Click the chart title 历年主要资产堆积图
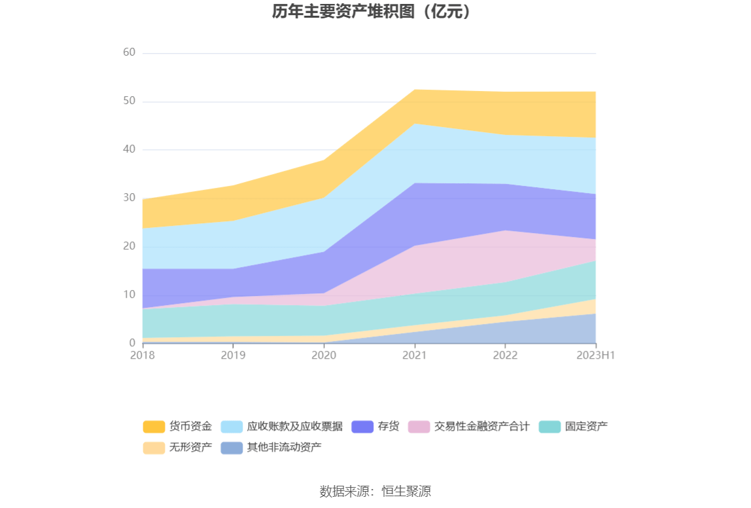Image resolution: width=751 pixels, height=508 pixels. pyautogui.click(x=372, y=12)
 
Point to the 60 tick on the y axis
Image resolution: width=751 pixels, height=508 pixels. pyautogui.click(x=129, y=52)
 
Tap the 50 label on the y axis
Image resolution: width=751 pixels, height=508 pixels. pyautogui.click(x=129, y=101)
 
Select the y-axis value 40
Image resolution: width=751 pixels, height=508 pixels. pyautogui.click(x=129, y=149)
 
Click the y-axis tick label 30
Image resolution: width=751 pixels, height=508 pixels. pyautogui.click(x=129, y=198)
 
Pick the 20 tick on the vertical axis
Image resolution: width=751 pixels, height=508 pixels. pyautogui.click(x=129, y=246)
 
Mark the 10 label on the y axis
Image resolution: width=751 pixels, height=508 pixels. pyautogui.click(x=129, y=295)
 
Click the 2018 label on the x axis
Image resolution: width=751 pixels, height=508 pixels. pyautogui.click(x=142, y=355)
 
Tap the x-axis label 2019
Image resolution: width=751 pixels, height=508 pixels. pyautogui.click(x=233, y=355)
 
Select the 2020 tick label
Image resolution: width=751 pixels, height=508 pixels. pyautogui.click(x=324, y=355)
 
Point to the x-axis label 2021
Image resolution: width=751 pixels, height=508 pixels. pyautogui.click(x=415, y=355)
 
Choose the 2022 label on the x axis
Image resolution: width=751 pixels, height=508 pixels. pyautogui.click(x=505, y=355)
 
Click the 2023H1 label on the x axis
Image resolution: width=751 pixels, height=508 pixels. pyautogui.click(x=595, y=355)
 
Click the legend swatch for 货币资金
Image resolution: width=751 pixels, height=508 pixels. pyautogui.click(x=154, y=427)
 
